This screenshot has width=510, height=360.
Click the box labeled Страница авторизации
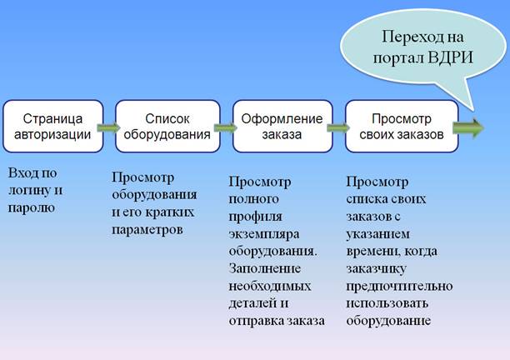(x=53, y=126)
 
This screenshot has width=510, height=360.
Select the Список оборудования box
(x=167, y=126)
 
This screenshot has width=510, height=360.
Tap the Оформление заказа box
(x=282, y=126)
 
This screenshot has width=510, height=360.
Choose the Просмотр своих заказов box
(x=402, y=126)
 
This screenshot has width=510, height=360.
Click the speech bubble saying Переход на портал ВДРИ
(x=422, y=49)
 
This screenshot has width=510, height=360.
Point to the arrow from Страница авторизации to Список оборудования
(x=108, y=127)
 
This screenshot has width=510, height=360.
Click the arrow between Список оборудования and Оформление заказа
(x=225, y=127)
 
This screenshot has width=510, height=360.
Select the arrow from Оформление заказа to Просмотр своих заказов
(x=338, y=127)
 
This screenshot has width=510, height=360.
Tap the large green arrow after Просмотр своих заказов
(x=468, y=127)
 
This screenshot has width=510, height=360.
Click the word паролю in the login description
(x=31, y=208)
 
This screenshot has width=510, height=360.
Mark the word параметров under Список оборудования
(x=147, y=230)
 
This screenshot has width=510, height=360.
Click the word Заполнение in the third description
(x=265, y=268)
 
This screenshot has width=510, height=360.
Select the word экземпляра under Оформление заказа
(x=264, y=234)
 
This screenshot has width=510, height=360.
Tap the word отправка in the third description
(x=256, y=322)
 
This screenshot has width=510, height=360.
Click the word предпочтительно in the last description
(x=399, y=287)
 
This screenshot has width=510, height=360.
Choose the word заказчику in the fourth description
(x=377, y=269)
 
